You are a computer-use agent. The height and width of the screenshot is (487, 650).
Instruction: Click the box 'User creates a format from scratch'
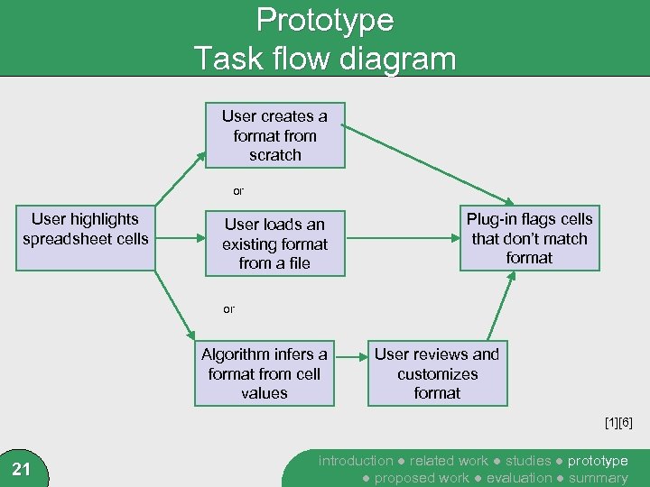pos(274,135)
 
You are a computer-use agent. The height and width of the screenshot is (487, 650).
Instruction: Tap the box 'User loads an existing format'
pos(274,243)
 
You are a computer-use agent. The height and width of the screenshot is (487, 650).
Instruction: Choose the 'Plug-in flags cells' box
pos(529,239)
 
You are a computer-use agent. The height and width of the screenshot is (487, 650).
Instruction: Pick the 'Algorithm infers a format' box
pos(264,373)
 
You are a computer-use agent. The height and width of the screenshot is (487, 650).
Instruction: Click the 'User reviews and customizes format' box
pos(437,373)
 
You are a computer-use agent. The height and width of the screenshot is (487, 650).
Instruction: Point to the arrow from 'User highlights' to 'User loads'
pos(177,239)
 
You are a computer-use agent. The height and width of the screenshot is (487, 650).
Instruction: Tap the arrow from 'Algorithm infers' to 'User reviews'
pos(350,373)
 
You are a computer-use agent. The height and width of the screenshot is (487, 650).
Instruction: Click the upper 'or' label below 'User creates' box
pos(238,191)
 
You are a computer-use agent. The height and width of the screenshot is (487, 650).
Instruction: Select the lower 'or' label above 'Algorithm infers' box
pos(228,309)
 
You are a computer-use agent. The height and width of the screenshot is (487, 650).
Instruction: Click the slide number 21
pos(23,468)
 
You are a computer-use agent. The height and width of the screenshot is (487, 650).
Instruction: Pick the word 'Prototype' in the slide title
pos(325,20)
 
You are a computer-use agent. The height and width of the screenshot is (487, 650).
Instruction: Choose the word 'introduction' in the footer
pos(356,461)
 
